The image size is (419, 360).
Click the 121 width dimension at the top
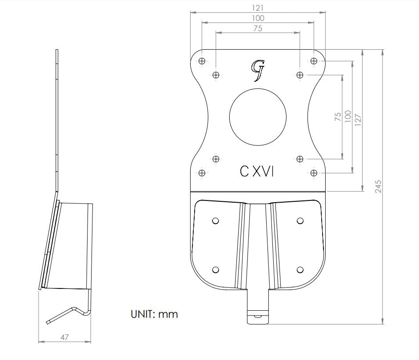258,8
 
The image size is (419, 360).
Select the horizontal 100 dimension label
258,18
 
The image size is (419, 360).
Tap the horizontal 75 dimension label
258,28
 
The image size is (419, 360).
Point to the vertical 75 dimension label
338,117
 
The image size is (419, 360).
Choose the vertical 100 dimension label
348,116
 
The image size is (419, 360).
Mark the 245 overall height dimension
378,186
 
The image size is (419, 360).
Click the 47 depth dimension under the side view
64,337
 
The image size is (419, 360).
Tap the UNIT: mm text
154,314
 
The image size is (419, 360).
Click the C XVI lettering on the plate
257,172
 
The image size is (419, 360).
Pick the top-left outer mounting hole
202,61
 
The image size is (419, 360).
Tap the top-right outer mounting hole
314,61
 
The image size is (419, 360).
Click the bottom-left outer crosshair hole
202,172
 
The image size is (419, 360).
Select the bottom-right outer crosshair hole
314,172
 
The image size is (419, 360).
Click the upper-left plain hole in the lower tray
215,220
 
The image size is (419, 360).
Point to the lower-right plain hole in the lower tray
300,270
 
